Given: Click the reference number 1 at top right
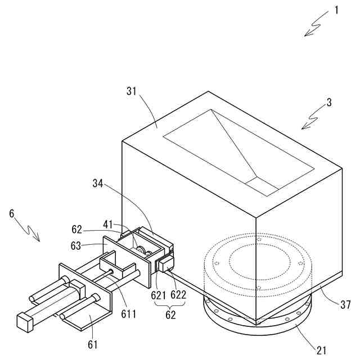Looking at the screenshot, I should (336, 10).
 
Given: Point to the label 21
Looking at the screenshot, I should (322, 350).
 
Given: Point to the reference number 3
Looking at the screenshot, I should (329, 103).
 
